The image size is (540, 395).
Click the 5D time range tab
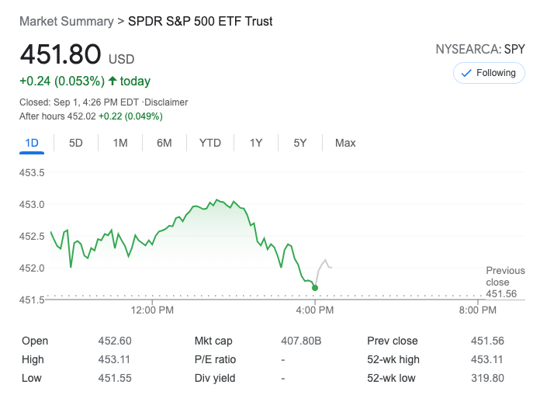click(x=76, y=143)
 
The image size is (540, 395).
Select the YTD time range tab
click(x=209, y=143)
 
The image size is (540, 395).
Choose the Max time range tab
click(x=345, y=143)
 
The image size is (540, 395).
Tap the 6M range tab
click(x=164, y=143)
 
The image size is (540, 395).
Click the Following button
click(x=489, y=73)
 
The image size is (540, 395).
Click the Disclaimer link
click(x=166, y=102)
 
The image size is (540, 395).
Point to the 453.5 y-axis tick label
click(x=32, y=172)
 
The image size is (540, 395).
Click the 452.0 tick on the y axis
click(x=32, y=269)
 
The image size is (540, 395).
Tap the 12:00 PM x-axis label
click(x=152, y=310)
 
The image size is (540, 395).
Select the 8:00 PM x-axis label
click(x=477, y=310)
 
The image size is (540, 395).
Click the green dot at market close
click(x=314, y=288)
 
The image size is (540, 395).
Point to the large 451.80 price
click(x=61, y=55)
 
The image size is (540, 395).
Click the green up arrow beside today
click(x=112, y=81)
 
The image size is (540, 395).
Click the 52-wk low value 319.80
click(x=487, y=378)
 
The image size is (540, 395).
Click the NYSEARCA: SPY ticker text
click(x=480, y=50)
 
